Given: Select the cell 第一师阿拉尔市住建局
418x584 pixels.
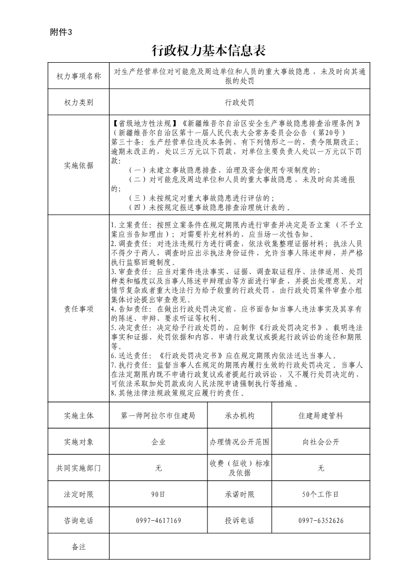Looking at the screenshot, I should (x=158, y=416).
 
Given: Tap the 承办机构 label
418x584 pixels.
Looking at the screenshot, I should (x=240, y=416).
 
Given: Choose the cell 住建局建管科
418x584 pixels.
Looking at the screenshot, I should (x=321, y=416).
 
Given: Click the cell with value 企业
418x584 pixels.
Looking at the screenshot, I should (x=158, y=442).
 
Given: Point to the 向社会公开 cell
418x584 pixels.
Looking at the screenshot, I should (x=321, y=442).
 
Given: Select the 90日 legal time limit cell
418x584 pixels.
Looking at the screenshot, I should (x=158, y=494).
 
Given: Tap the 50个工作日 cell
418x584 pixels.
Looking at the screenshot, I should (x=321, y=494).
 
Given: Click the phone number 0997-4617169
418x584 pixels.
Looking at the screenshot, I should (x=158, y=521).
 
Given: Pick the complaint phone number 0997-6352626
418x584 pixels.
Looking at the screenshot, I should (x=321, y=521).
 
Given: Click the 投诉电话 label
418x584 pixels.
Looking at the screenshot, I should (x=240, y=521).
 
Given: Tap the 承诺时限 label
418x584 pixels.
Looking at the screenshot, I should (x=240, y=494).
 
